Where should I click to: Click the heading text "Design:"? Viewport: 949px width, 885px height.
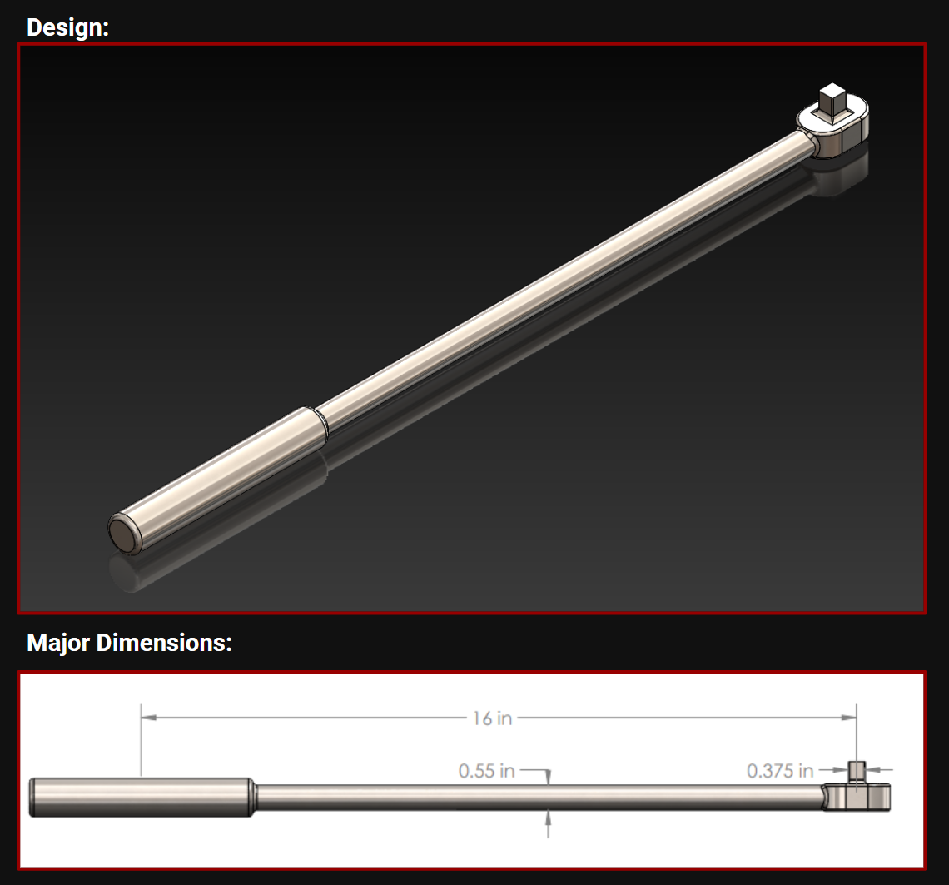[x=67, y=27]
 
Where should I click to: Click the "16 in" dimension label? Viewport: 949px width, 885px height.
[x=493, y=718]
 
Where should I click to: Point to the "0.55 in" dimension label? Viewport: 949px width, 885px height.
[x=487, y=771]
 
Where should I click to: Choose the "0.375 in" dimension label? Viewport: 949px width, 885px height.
[x=780, y=771]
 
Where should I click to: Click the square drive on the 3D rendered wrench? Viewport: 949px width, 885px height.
[x=832, y=101]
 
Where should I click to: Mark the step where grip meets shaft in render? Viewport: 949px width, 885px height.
[x=321, y=420]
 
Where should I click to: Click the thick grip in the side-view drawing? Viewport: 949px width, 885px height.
[x=142, y=798]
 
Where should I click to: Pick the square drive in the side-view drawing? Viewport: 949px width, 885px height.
[x=857, y=772]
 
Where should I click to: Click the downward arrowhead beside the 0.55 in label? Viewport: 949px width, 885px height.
[x=548, y=778]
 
